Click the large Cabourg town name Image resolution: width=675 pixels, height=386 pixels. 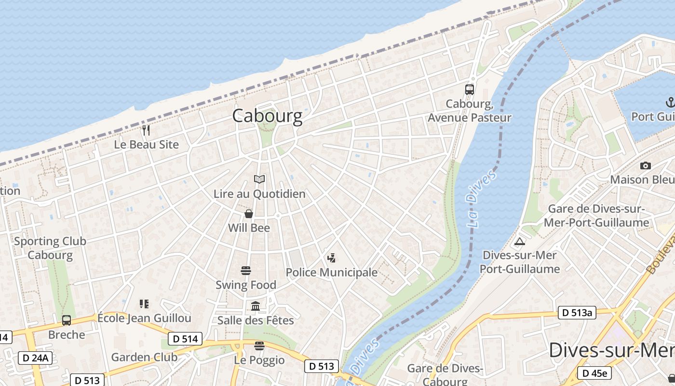tap(267, 116)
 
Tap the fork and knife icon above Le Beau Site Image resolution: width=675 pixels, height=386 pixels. tap(146, 130)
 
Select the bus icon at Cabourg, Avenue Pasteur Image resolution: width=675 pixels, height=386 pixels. tap(470, 89)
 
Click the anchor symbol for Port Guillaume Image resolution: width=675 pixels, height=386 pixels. tap(670, 102)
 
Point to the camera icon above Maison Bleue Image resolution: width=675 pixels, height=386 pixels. tap(645, 165)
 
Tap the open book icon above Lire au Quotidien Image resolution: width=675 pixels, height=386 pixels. tap(259, 179)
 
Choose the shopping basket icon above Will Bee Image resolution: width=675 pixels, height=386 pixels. tap(249, 214)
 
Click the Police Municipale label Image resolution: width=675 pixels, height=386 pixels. tap(332, 272)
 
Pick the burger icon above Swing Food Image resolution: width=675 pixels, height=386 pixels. tap(246, 271)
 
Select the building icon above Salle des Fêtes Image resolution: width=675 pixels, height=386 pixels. tap(256, 306)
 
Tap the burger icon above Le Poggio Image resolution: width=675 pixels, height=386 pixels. tap(259, 346)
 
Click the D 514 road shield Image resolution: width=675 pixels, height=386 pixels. tap(185, 339)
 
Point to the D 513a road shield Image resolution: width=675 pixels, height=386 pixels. tap(577, 313)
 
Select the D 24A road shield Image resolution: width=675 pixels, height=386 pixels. tap(35, 358)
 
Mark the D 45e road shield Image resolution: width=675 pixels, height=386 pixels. tap(594, 373)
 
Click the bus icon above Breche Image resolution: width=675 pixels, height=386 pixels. tap(67, 320)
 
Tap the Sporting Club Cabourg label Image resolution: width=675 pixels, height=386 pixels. tap(50, 248)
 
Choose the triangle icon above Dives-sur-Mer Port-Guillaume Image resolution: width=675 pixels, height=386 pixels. tap(519, 241)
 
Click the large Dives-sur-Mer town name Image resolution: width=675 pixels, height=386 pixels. tap(611, 350)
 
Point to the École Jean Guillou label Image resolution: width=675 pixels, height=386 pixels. tap(145, 318)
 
